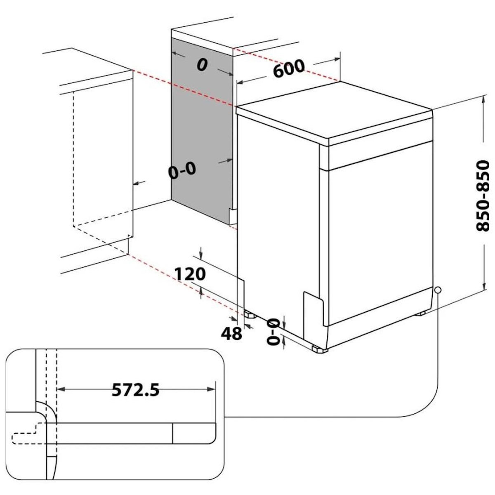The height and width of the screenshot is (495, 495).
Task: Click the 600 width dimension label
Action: (288, 68)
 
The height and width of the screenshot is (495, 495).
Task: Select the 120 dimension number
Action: (190, 274)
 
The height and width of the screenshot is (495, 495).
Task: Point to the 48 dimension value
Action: (231, 333)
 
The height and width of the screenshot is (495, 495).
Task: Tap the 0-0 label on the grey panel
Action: (182, 170)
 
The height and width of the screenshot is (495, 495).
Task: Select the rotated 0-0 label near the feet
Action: (273, 331)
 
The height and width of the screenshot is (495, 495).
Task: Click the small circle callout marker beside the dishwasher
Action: (438, 290)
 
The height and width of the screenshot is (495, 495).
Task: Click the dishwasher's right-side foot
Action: (420, 313)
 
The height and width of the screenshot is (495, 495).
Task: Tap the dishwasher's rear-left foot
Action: (250, 315)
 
